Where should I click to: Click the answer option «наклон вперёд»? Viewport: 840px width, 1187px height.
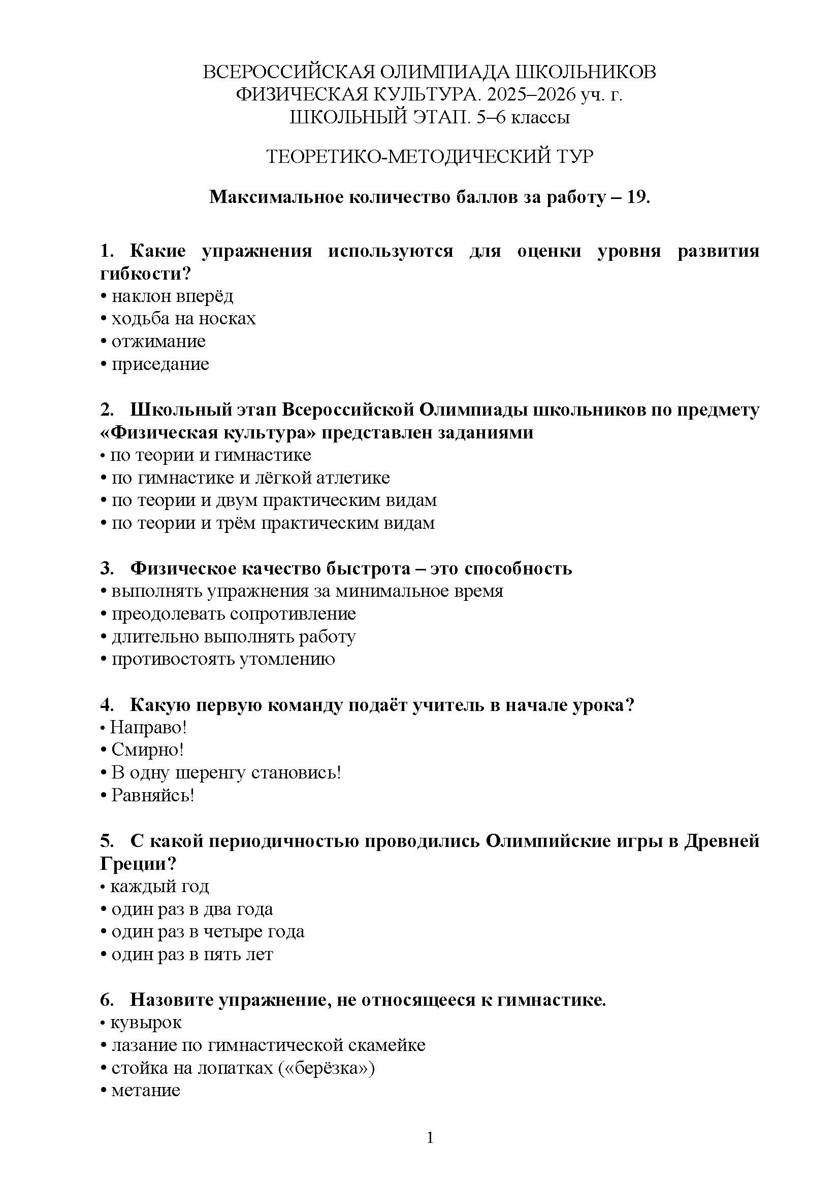point(172,296)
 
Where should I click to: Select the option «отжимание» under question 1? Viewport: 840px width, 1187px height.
point(158,341)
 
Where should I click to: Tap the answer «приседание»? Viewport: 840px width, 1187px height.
point(160,364)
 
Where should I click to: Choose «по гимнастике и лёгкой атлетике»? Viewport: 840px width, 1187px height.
point(250,477)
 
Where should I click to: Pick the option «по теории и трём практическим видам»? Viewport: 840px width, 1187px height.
point(273,523)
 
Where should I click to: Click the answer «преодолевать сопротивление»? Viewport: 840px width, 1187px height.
point(233,614)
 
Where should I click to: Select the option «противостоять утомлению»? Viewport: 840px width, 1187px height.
point(223,659)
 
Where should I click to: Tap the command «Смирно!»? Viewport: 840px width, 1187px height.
point(147,750)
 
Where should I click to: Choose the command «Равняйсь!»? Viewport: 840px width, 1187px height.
point(152,795)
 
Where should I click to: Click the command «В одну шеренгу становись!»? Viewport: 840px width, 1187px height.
point(226,772)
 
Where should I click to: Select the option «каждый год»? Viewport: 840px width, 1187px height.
point(159,886)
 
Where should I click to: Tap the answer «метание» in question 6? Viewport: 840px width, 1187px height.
point(145,1090)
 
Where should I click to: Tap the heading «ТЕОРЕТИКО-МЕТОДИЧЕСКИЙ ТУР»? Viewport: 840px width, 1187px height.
point(430,156)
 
